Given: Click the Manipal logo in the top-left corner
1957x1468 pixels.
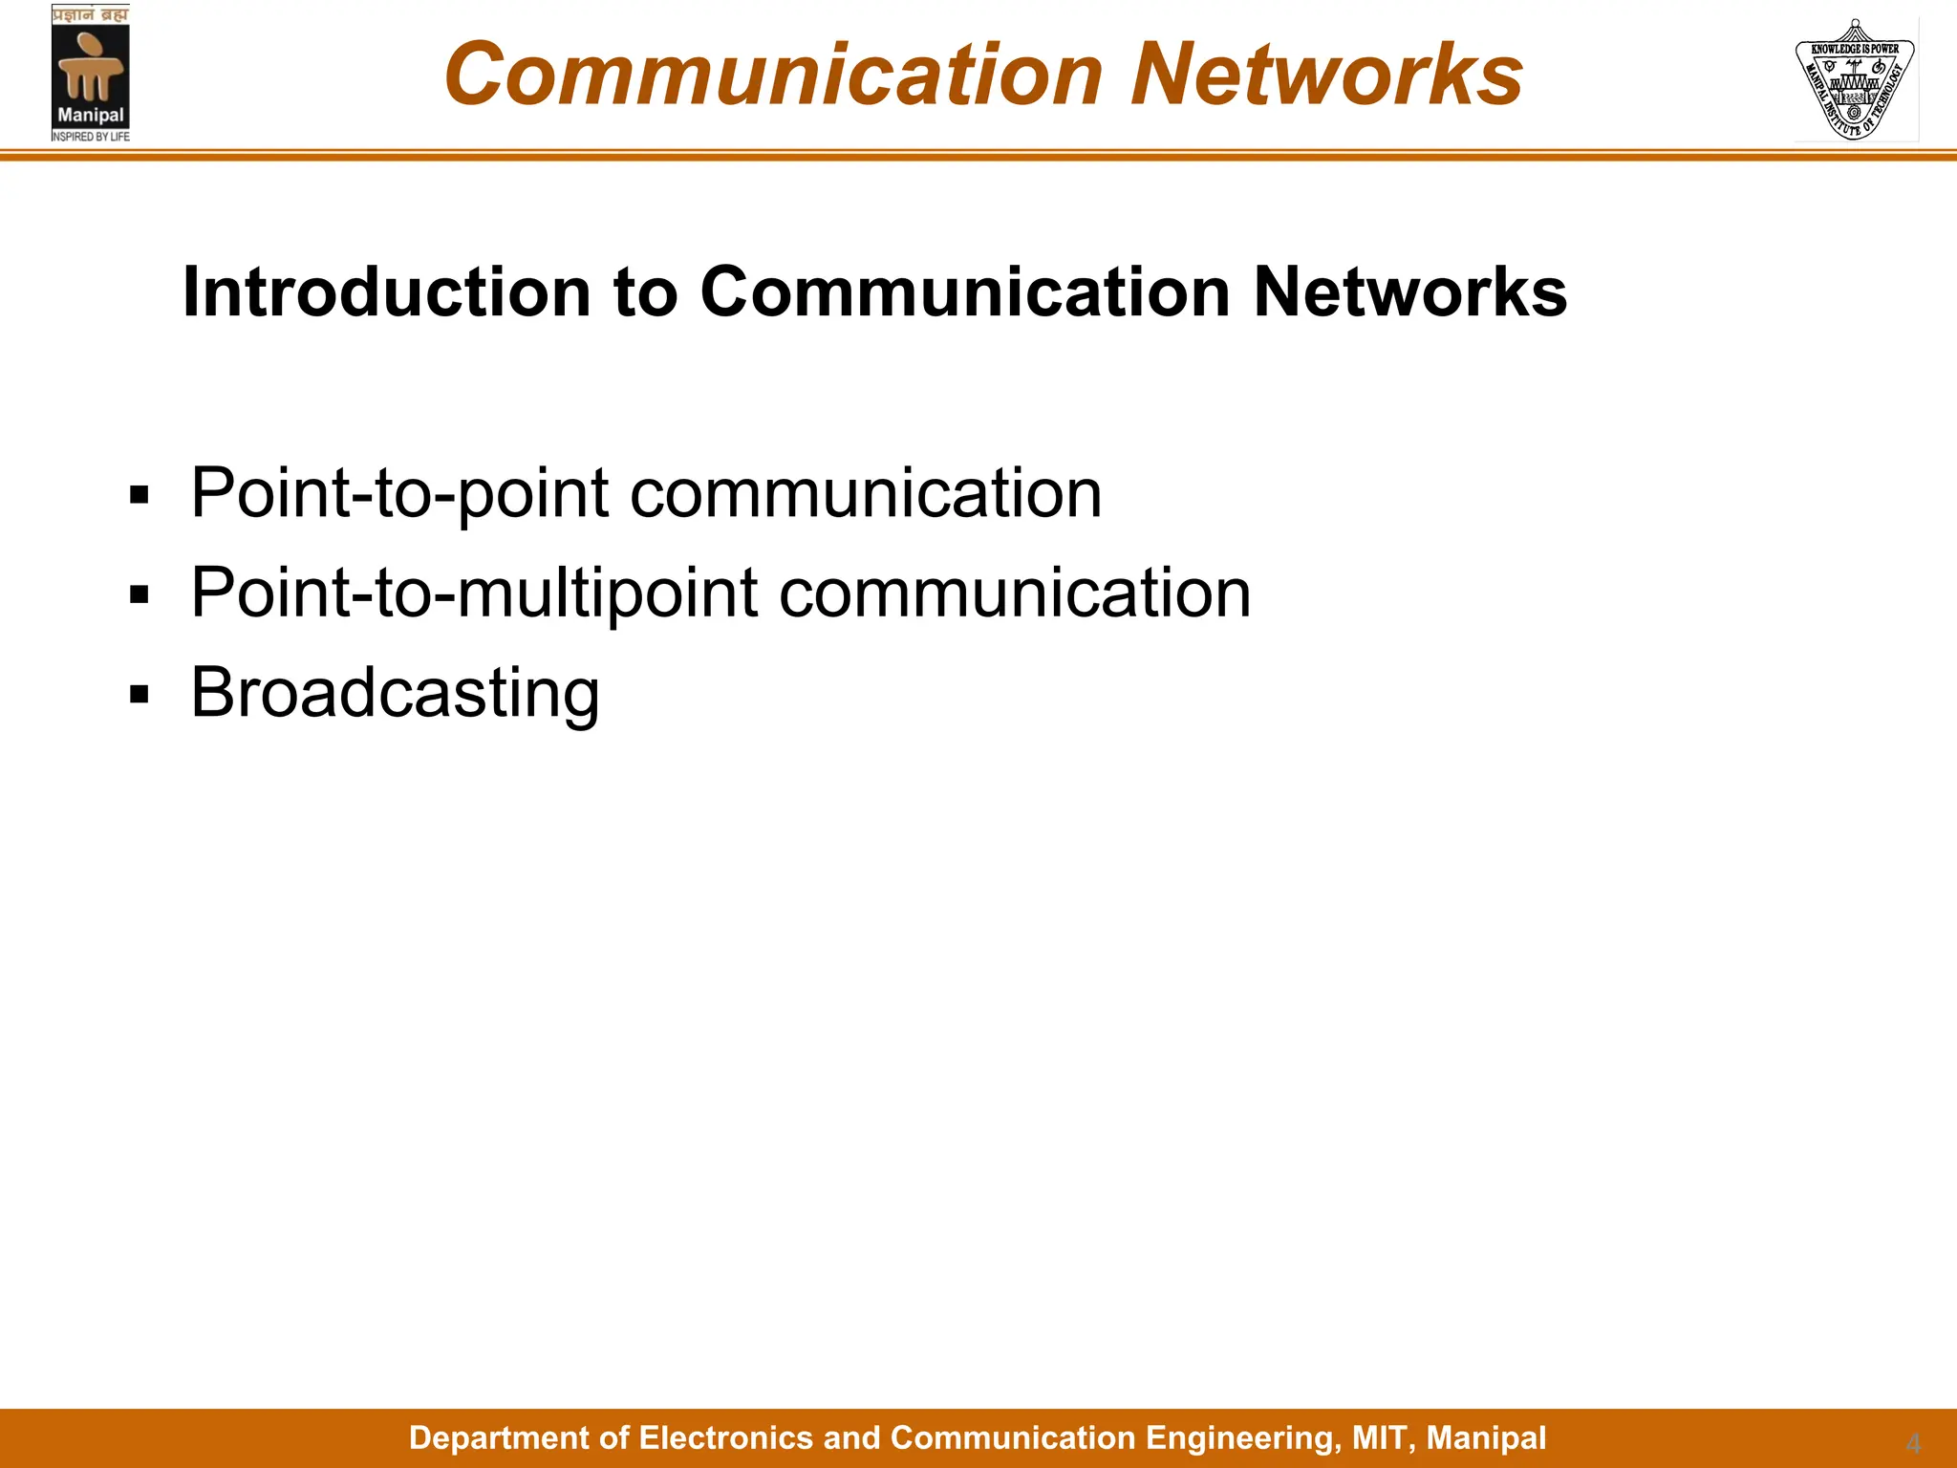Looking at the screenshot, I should (91, 74).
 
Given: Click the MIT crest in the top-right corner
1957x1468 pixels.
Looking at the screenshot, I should (1855, 79).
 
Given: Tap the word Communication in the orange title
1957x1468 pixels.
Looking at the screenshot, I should (774, 75).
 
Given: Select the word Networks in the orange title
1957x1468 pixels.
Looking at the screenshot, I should (1326, 75).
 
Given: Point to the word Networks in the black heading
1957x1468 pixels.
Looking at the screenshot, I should (1409, 291).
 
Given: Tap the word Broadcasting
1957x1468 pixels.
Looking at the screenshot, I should (395, 693).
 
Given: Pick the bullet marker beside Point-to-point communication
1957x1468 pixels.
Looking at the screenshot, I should (140, 495).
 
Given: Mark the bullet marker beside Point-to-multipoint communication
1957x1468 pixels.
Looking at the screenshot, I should (140, 594).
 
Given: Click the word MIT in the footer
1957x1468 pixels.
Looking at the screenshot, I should (1380, 1437).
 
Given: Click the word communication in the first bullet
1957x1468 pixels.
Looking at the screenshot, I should (866, 494).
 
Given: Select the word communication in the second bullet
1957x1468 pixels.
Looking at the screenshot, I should (1015, 594).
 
